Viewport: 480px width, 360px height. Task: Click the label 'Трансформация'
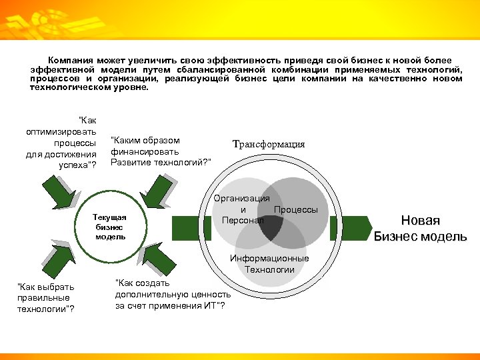tap(268, 145)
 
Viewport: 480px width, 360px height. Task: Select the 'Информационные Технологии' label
tap(269, 264)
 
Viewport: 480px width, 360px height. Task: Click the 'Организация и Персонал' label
tap(242, 209)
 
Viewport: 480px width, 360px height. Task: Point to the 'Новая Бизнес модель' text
tap(420, 229)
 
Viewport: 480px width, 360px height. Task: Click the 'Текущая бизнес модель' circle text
tap(110, 227)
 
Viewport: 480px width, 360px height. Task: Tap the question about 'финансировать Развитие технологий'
tap(161, 151)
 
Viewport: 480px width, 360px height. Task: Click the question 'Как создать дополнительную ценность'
tap(173, 294)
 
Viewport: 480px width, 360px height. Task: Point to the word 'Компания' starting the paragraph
tap(69, 61)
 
